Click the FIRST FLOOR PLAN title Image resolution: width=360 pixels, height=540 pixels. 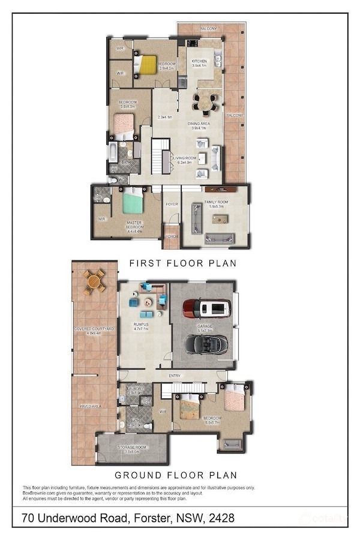tap(183, 263)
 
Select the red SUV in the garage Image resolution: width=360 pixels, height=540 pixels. tap(206, 308)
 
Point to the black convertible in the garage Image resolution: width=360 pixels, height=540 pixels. tap(206, 344)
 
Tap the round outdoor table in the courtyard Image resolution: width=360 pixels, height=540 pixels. tap(94, 281)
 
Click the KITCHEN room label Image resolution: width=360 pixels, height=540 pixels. tap(199, 61)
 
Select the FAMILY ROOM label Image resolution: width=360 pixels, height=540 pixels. tap(215, 203)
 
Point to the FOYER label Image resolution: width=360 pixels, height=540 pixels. tap(172, 204)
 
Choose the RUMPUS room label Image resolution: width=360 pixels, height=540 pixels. tap(141, 325)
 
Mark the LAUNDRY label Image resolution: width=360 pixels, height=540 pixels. tap(135, 389)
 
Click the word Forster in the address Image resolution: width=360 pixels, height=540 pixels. tap(148, 517)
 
